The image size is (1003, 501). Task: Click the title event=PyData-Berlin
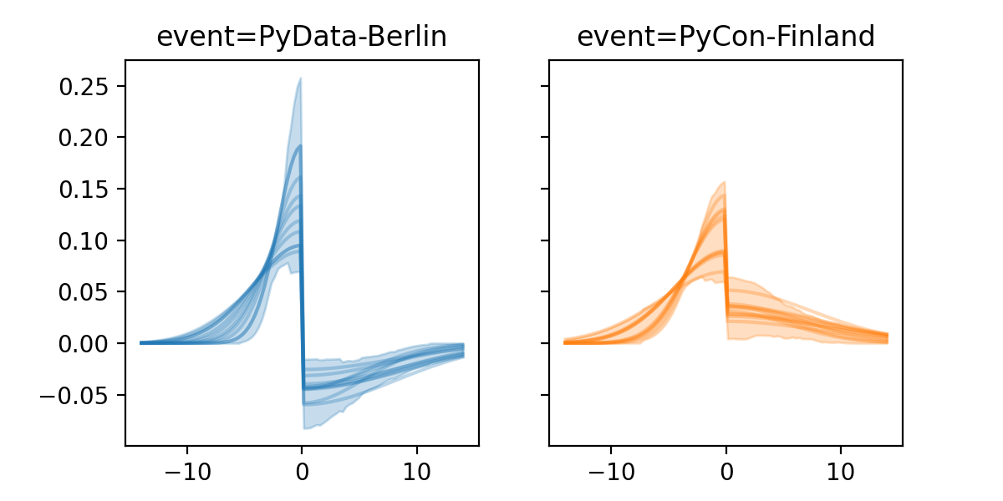(x=302, y=37)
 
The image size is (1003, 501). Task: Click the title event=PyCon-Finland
(x=726, y=37)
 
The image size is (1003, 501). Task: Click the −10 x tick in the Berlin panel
(x=186, y=468)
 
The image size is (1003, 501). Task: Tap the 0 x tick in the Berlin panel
(x=302, y=468)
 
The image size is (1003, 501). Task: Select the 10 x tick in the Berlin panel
(x=417, y=468)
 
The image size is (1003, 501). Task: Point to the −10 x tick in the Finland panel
(x=610, y=468)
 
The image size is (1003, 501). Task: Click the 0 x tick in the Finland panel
(x=726, y=468)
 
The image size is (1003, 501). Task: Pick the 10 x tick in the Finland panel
(x=841, y=468)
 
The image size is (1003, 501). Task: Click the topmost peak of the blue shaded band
(x=300, y=79)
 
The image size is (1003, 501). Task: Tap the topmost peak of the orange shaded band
(x=724, y=182)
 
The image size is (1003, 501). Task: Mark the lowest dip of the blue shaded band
(x=305, y=428)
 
